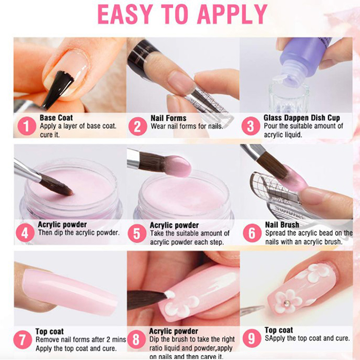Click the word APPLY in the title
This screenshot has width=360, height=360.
232,14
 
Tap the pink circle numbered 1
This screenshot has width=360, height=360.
27,126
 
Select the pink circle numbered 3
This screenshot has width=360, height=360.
251,126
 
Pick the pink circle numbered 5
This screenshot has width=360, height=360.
137,234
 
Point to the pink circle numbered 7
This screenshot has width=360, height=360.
22,340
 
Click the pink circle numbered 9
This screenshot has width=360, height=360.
252,338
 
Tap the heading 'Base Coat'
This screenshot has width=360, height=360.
56,118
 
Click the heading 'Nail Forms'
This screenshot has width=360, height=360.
168,118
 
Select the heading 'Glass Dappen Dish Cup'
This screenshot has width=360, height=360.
301,118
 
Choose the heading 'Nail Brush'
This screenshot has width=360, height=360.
282,225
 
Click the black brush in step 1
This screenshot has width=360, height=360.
58,90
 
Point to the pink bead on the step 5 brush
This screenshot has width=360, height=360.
178,166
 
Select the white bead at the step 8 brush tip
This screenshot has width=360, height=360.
170,294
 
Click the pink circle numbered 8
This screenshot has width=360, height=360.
136,340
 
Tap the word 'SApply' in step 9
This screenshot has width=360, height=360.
275,338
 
